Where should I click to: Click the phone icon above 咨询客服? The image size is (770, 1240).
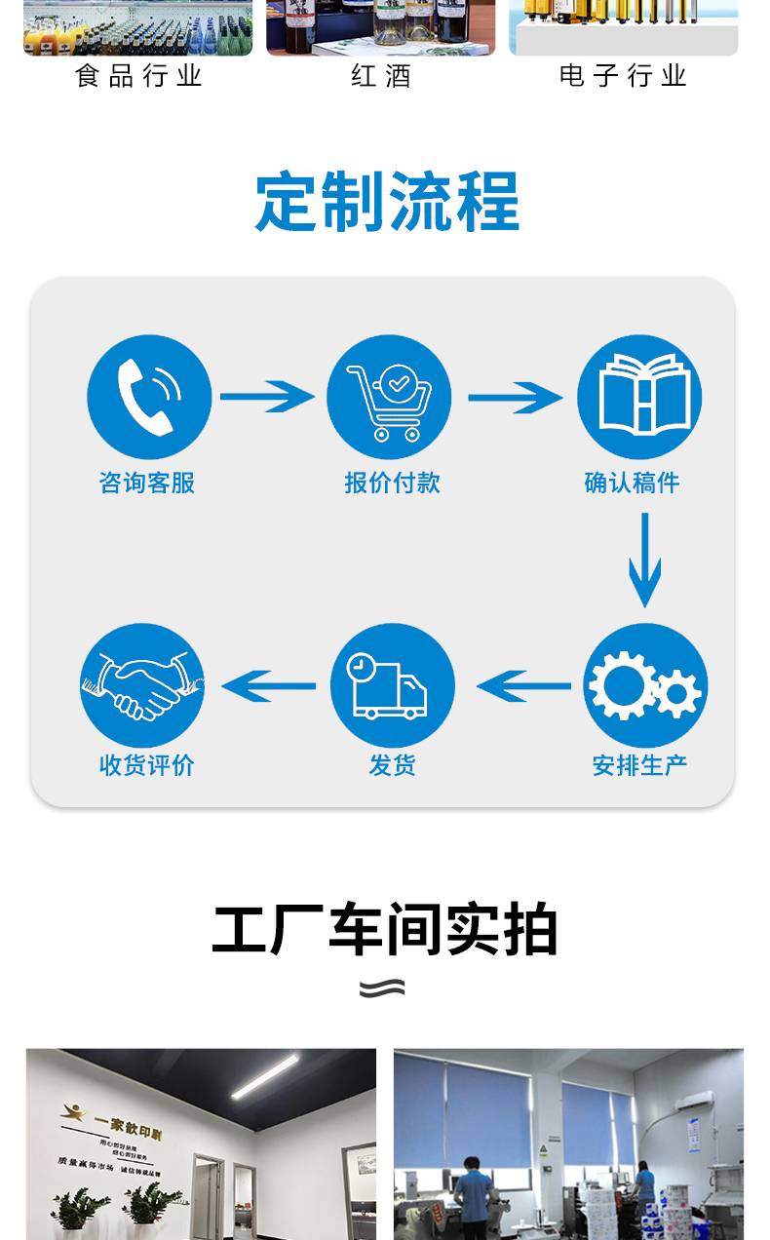pyautogui.click(x=149, y=397)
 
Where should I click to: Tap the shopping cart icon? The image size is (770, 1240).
pyautogui.click(x=389, y=397)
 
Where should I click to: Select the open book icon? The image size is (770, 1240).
pyautogui.click(x=639, y=397)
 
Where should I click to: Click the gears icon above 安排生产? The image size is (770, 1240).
pyautogui.click(x=644, y=686)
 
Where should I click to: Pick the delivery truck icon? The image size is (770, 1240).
pyautogui.click(x=392, y=685)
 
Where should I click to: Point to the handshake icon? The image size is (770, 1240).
pyautogui.click(x=142, y=685)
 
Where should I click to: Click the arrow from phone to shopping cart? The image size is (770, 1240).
pyautogui.click(x=266, y=397)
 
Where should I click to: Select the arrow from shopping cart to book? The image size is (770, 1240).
pyautogui.click(x=515, y=397)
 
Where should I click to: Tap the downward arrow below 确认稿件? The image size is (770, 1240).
pyautogui.click(x=644, y=560)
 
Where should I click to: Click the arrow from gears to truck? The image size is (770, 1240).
pyautogui.click(x=523, y=685)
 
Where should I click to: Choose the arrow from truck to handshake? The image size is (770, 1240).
pyautogui.click(x=268, y=685)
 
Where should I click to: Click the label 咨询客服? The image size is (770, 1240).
pyautogui.click(x=147, y=483)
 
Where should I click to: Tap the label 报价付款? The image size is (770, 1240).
pyautogui.click(x=392, y=483)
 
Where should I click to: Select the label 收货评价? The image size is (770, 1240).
pyautogui.click(x=147, y=765)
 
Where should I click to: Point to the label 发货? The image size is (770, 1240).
pyautogui.click(x=392, y=765)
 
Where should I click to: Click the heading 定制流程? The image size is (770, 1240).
pyautogui.click(x=387, y=202)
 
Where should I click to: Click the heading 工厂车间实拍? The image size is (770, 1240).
pyautogui.click(x=385, y=930)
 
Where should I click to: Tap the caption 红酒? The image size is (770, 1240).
pyautogui.click(x=381, y=76)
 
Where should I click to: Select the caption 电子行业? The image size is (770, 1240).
pyautogui.click(x=624, y=76)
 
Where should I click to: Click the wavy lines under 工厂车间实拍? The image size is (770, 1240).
pyautogui.click(x=382, y=988)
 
